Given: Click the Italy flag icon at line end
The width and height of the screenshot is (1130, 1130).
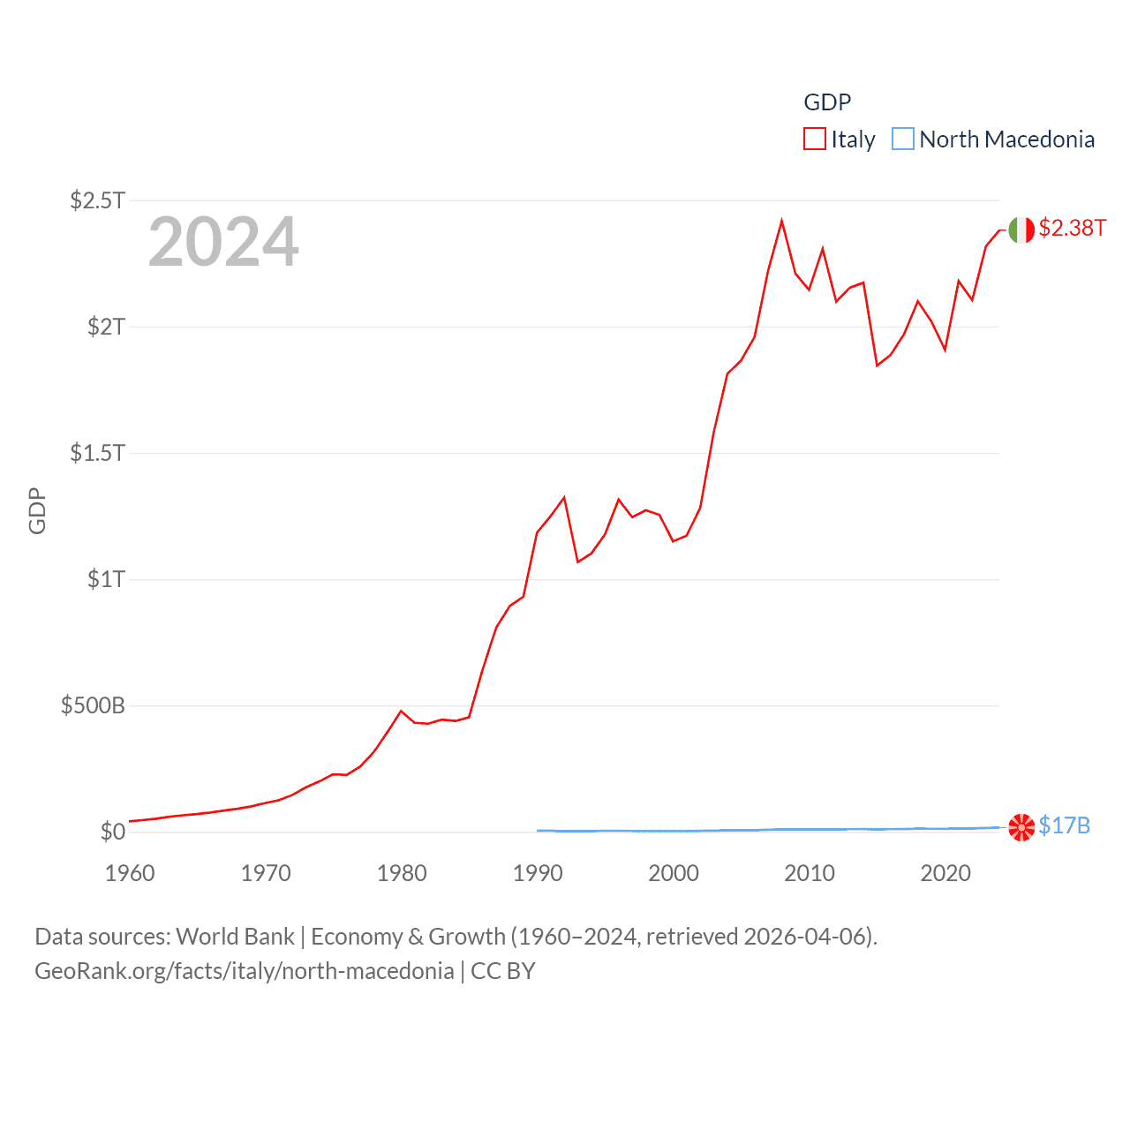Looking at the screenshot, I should coord(1021,230).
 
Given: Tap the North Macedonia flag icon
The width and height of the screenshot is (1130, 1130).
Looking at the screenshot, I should coord(1021,827).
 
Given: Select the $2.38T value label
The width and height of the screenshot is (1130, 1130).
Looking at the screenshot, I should coord(1072,229).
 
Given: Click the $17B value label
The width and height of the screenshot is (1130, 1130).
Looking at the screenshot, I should coord(1064,826).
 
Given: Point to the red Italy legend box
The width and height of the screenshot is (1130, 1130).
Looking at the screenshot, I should coord(814,139).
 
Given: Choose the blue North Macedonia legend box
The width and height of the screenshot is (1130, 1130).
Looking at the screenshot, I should coord(902,139).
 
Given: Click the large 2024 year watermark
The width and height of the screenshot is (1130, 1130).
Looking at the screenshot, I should coord(223,242).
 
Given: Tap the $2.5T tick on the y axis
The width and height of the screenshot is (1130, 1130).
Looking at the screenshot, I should coord(97,200).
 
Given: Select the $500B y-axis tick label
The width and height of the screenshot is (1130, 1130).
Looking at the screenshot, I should coord(93,705).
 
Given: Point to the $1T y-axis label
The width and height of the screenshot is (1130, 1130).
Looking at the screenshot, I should coord(106,579).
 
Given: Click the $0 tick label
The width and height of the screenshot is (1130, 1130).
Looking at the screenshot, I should coord(112,832).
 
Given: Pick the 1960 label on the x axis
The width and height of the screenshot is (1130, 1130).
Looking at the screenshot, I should coord(130,873).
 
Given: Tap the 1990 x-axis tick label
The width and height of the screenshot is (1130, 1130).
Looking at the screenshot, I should coord(538,873).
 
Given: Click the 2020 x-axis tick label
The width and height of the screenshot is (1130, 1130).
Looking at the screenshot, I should coord(945,873).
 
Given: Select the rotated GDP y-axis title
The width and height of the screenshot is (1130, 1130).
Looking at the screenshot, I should coord(37,510).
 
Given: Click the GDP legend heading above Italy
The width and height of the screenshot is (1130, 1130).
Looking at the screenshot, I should coord(827,102).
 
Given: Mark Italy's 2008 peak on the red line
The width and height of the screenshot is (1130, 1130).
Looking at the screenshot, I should coord(781,221).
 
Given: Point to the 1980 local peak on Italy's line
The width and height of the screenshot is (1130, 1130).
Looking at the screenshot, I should coord(401,711).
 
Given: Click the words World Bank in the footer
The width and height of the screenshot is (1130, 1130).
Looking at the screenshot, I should coord(236,937).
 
